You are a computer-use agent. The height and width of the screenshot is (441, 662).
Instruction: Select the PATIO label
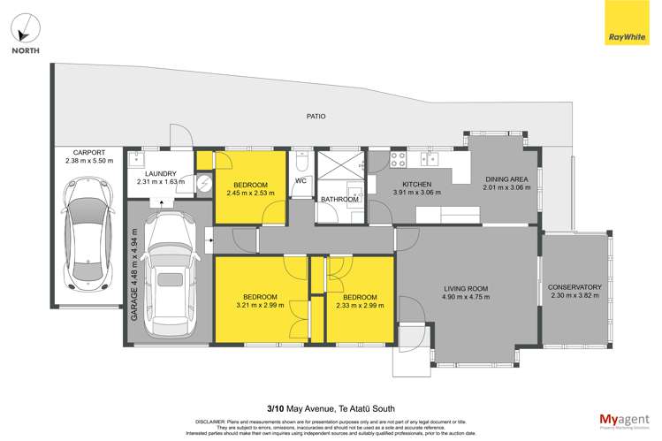pos(316,116)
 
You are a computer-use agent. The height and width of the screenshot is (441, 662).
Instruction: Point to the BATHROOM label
pos(339,200)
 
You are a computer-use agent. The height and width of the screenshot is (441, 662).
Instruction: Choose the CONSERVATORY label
pos(574,287)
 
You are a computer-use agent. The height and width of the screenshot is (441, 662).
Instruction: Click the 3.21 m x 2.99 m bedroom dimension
pos(261,306)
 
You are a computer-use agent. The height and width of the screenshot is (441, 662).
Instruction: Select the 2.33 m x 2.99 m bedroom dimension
pos(360,306)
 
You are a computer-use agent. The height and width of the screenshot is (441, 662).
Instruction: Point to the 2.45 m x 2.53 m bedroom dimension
pos(250,193)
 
